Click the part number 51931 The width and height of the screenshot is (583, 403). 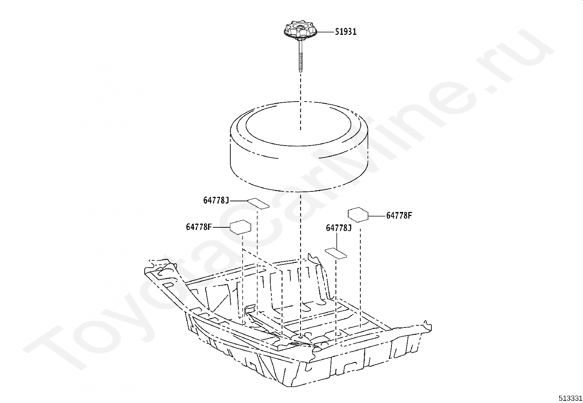pos(345,32)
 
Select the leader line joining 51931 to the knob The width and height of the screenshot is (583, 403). pos(325,32)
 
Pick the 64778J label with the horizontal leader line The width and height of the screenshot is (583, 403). pos(216,201)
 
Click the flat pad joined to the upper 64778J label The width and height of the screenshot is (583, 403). pos(258,203)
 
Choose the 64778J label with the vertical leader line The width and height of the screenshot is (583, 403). pos(339,228)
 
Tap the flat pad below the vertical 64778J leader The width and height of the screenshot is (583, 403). pos(336,253)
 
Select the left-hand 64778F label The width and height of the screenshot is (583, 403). pos(198,227)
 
